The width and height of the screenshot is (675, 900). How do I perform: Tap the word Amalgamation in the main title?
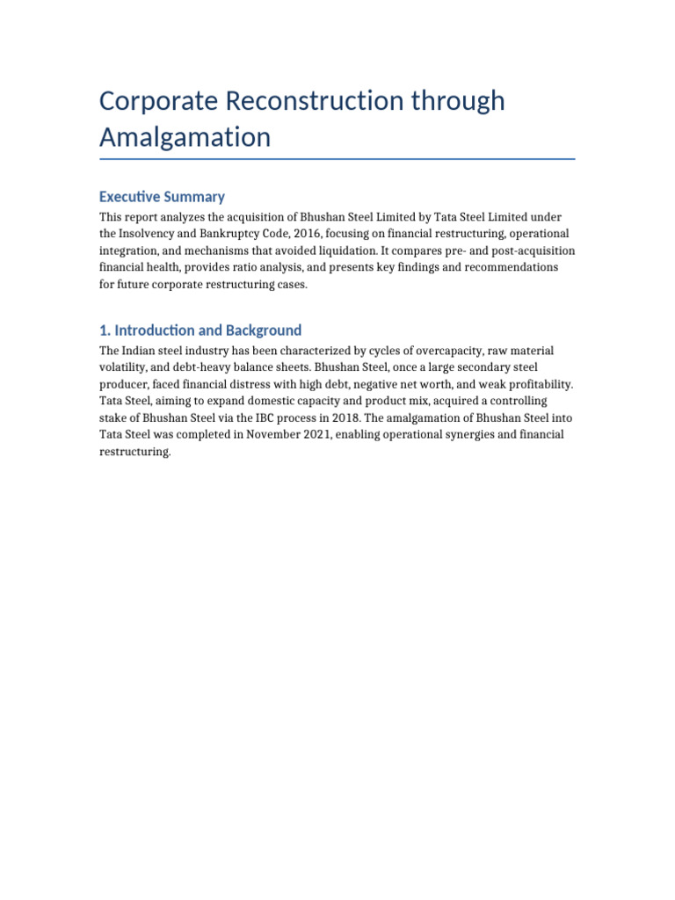point(185,137)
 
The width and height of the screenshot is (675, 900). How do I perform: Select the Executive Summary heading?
point(162,197)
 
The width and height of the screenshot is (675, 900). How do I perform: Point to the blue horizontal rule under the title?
point(337,159)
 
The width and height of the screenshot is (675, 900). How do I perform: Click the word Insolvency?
point(151,233)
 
